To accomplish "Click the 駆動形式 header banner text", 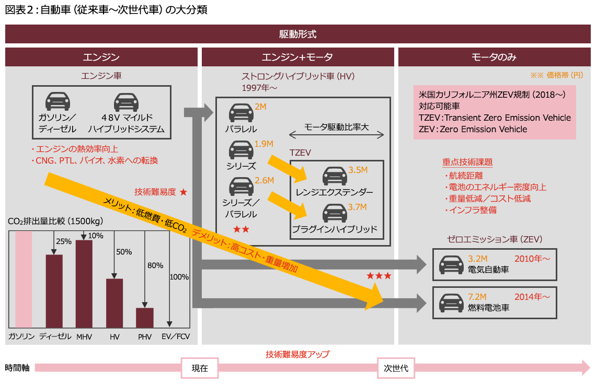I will (298, 34).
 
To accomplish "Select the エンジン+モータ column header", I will (297, 57).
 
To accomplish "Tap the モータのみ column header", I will (494, 57).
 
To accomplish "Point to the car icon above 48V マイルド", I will (126, 101).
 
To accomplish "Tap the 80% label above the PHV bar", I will (155, 265).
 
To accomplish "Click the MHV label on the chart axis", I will (84, 337).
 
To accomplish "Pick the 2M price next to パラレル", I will (260, 107).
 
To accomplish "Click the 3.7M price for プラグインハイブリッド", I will (358, 207).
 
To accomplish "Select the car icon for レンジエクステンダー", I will (334, 175).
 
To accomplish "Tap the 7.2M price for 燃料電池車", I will (477, 297).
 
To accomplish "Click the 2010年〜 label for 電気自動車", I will (532, 259).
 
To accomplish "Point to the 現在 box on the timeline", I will (200, 368).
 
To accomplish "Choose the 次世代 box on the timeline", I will (396, 368).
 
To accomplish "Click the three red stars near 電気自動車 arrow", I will (379, 276).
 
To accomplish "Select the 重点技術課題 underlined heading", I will (467, 162).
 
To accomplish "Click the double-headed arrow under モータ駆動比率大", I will (337, 135).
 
